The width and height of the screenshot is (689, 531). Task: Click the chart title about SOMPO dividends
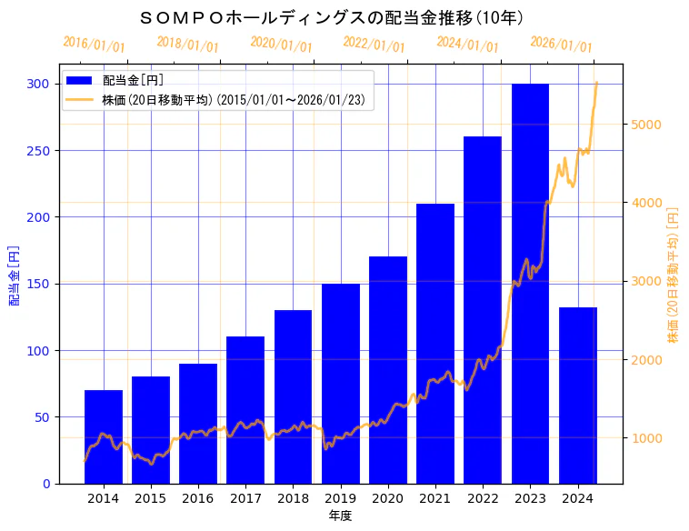tap(332, 17)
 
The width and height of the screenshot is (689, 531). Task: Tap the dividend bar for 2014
tap(104, 436)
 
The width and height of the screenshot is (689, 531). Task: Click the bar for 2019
tap(341, 383)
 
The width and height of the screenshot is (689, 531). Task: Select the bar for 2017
tap(245, 409)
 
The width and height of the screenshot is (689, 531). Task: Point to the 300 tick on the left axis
tap(39, 84)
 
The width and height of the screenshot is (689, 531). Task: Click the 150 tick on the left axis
tap(39, 284)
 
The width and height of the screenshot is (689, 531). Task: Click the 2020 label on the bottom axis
tap(388, 499)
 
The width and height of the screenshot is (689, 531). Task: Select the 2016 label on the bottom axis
tap(198, 499)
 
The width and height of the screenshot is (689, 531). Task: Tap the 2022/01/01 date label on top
tap(374, 44)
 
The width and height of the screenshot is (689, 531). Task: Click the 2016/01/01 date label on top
tap(94, 44)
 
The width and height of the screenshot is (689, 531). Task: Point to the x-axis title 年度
tap(340, 516)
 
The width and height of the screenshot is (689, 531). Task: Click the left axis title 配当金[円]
tap(14, 275)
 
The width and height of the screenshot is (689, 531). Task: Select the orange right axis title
tap(674, 275)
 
